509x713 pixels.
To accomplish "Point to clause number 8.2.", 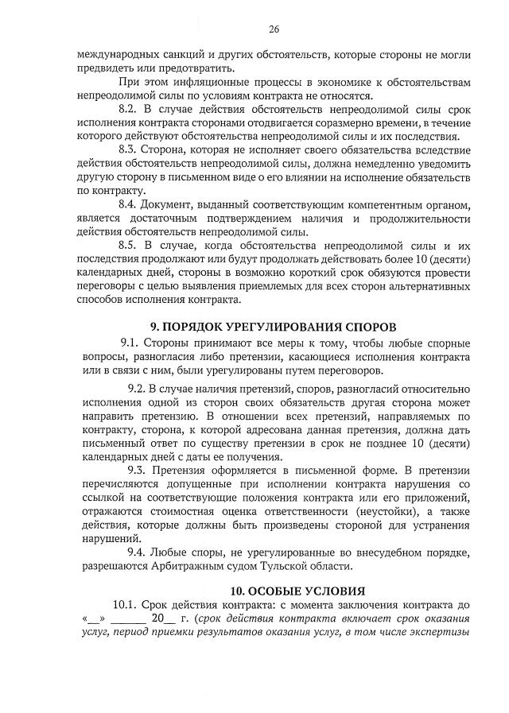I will [x=129, y=107].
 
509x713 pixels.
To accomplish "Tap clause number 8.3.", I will [x=129, y=149].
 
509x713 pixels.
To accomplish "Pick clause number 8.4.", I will [x=129, y=204].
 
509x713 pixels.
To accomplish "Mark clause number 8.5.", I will [x=129, y=246].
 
